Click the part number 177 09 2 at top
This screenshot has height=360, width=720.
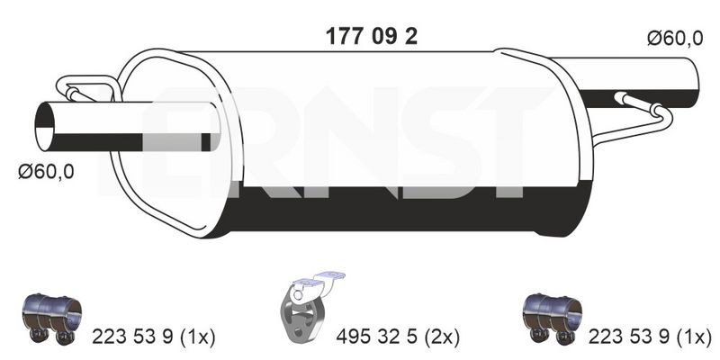coord(372,37)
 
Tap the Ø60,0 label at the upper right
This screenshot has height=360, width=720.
coord(675,39)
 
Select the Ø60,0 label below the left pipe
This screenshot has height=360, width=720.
coord(46,172)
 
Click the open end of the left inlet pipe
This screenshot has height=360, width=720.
coord(45,126)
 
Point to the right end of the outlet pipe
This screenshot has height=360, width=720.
coord(694,83)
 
